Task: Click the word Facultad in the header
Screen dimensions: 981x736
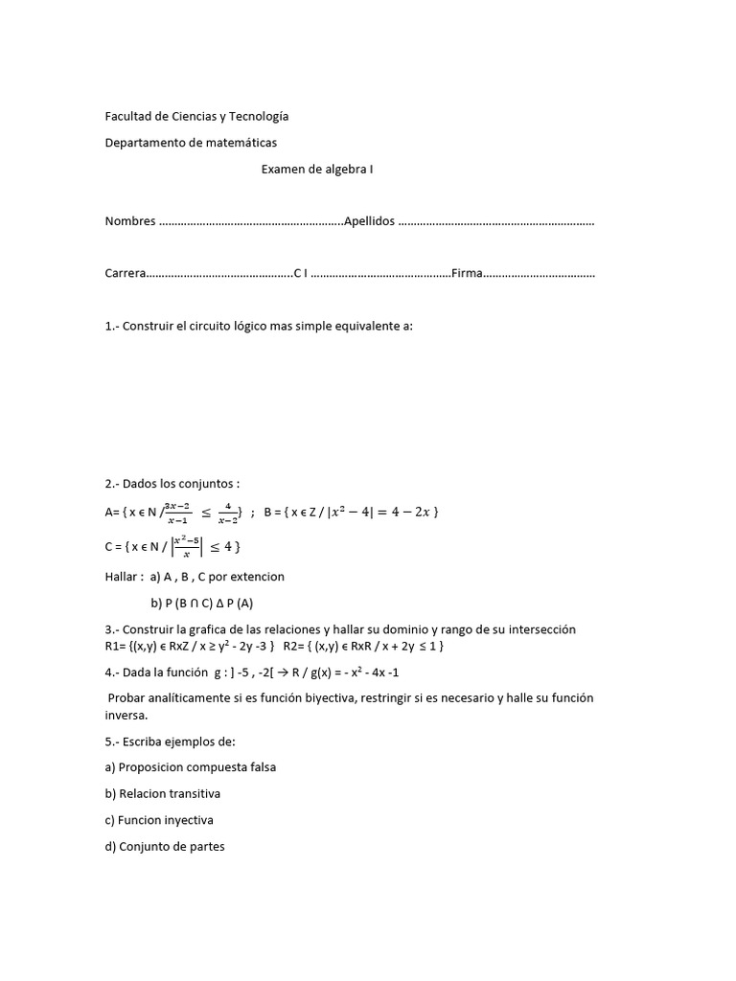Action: click(127, 117)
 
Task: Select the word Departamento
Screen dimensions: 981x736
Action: click(145, 143)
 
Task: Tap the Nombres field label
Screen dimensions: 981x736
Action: click(130, 221)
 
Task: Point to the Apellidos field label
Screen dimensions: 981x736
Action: click(369, 221)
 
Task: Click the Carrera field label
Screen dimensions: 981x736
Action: click(126, 274)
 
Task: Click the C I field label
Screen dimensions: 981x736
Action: click(300, 274)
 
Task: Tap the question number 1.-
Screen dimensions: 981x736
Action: click(113, 326)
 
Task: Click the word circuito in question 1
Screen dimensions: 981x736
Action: click(216, 326)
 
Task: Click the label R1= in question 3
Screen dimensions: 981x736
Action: click(116, 647)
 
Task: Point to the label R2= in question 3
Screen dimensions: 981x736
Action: click(294, 647)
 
